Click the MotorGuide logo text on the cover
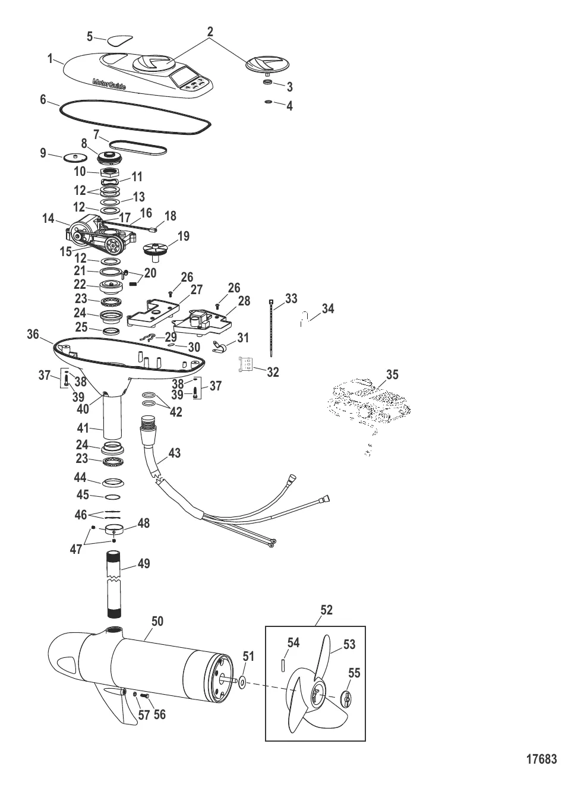tap(109, 84)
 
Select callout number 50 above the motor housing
tap(157, 621)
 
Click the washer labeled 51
tap(242, 682)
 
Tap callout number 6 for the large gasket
tap(43, 99)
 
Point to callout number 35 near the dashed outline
tap(392, 374)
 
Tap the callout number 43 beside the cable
tap(175, 453)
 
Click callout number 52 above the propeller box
tap(326, 610)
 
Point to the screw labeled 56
tap(144, 696)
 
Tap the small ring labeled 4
tap(269, 103)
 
